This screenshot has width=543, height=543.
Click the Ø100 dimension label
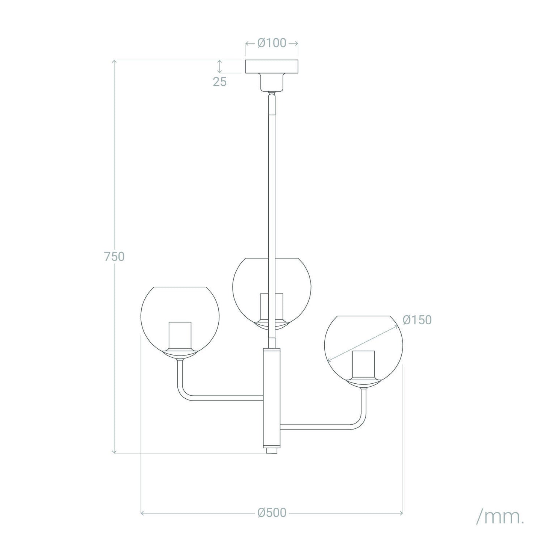272,43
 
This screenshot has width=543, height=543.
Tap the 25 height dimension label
220,82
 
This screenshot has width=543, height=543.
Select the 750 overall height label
114,257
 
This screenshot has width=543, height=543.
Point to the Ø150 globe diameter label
417,320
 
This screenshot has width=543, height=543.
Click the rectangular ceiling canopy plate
272,67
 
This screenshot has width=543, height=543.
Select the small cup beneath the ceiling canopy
272,82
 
